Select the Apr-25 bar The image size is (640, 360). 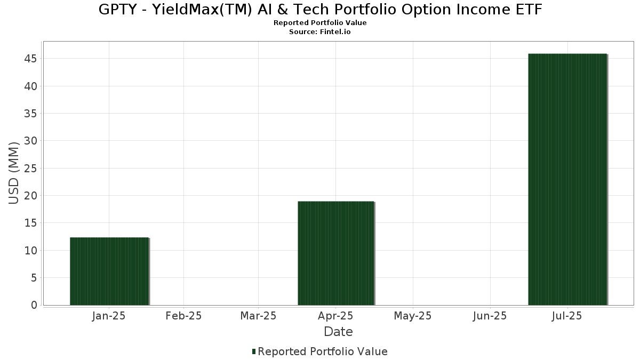(335, 253)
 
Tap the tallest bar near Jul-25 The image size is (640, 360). (567, 179)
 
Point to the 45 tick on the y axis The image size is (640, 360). (30, 59)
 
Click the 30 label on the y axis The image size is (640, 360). (30, 141)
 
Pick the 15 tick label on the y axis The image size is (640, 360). (30, 223)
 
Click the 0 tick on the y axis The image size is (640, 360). (34, 305)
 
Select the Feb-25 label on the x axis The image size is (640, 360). (183, 316)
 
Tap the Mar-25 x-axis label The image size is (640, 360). (258, 316)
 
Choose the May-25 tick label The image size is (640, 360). (412, 316)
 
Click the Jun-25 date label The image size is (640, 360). (489, 316)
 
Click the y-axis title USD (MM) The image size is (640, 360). (14, 173)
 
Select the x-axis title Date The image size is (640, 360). (338, 332)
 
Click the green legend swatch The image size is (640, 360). (254, 351)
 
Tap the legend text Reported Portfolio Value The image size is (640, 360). (323, 351)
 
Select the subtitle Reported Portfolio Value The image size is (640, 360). (320, 23)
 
